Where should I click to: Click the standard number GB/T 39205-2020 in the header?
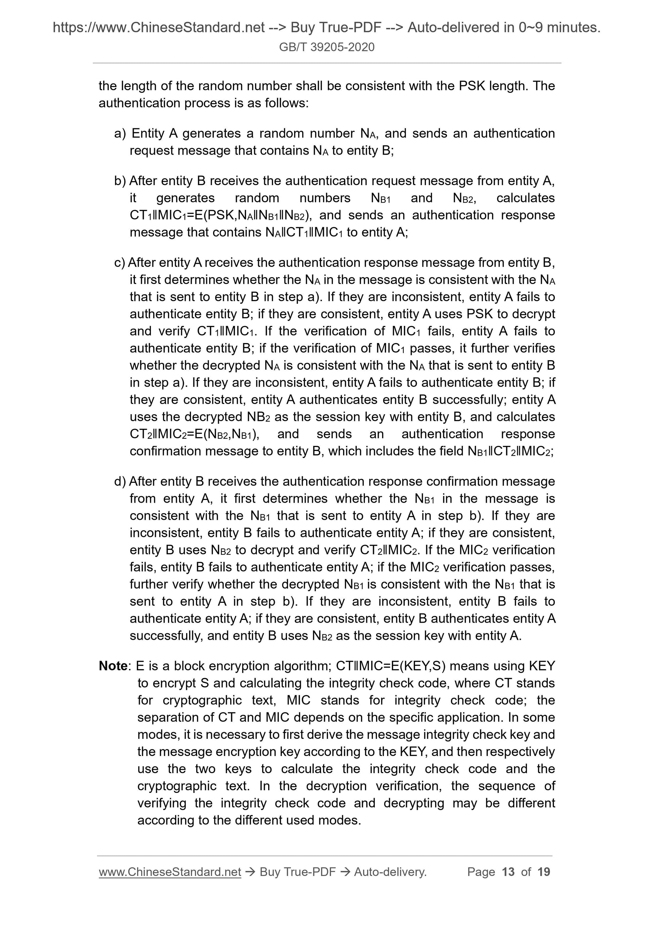tap(326, 47)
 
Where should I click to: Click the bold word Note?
tap(113, 666)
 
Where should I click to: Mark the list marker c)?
tap(120, 263)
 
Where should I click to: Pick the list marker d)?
tap(120, 481)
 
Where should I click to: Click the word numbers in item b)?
tap(325, 198)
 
